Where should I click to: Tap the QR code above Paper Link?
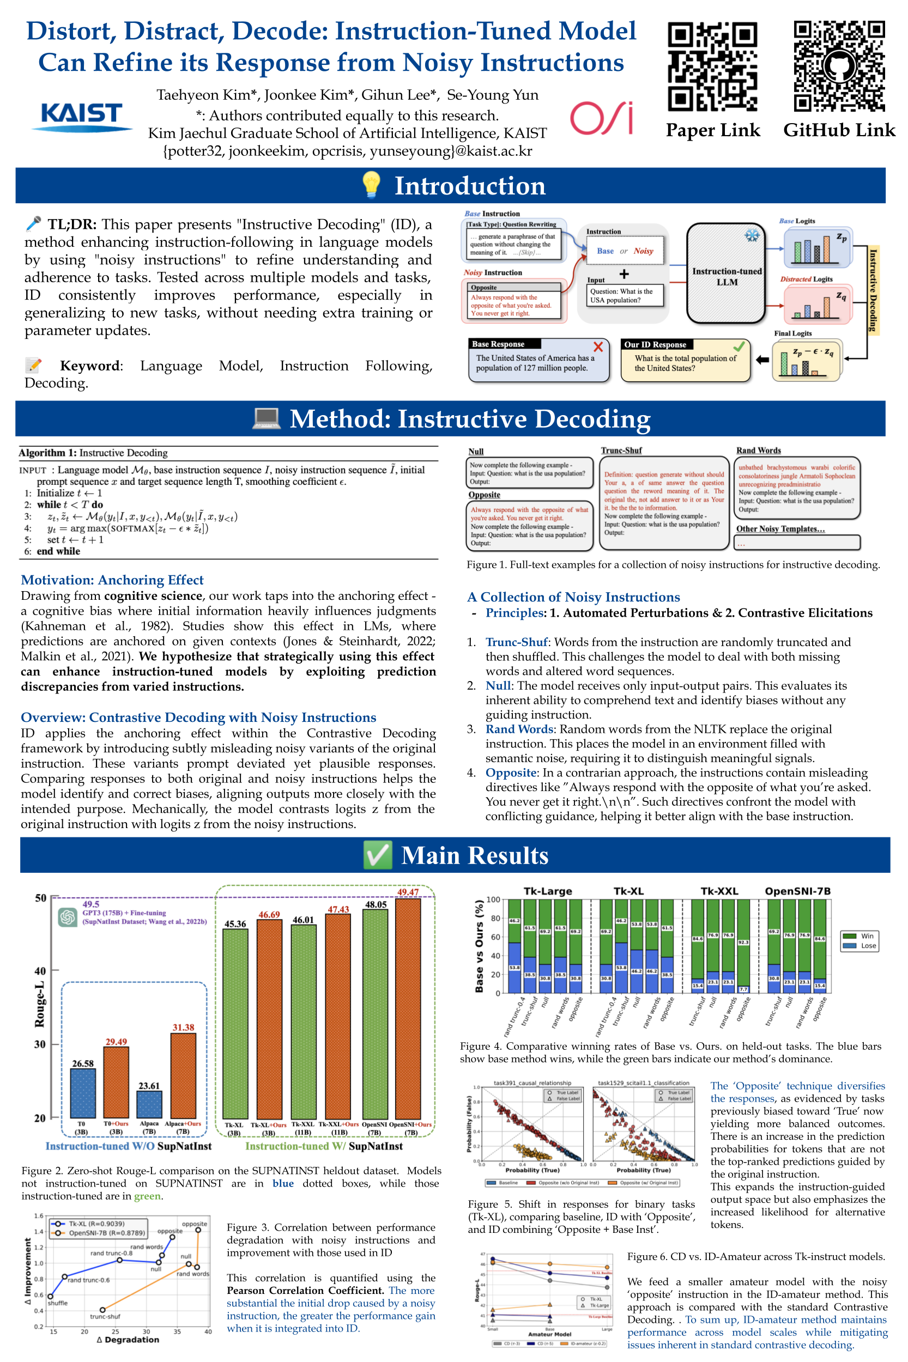click(x=712, y=66)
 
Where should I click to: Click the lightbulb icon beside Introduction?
click(x=371, y=185)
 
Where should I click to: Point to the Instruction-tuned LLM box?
click(x=727, y=273)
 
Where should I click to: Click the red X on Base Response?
click(x=598, y=346)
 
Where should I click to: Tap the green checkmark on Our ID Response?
click(x=739, y=346)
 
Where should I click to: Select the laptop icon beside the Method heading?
click(x=267, y=418)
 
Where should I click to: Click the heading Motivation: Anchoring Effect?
click(x=112, y=580)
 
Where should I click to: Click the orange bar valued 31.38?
click(x=183, y=1075)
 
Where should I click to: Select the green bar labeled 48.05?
click(x=375, y=1013)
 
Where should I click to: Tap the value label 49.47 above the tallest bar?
click(x=408, y=892)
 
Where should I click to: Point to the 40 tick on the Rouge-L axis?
click(x=39, y=971)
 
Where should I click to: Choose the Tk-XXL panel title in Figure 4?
click(x=719, y=891)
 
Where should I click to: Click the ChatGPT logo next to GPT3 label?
click(x=68, y=916)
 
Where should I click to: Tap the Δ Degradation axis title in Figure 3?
click(x=128, y=1340)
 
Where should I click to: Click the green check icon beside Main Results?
click(x=378, y=855)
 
